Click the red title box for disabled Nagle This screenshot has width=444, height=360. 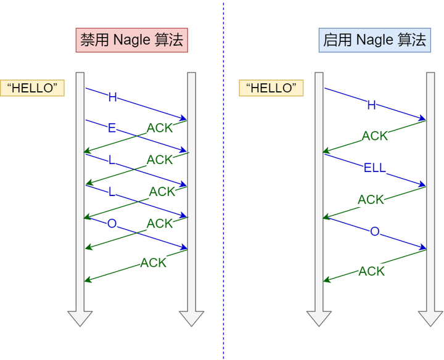[131, 41]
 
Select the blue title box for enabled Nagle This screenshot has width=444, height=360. [374, 41]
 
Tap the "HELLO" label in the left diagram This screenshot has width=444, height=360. [33, 88]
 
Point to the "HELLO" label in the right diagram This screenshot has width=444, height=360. [271, 88]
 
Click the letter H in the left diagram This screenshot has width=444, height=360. [112, 97]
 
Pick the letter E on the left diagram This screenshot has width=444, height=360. [112, 128]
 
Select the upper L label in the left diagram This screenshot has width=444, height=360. [112, 160]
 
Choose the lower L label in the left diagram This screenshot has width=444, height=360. [112, 192]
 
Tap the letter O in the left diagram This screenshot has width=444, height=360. [112, 224]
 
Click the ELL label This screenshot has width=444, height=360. [374, 168]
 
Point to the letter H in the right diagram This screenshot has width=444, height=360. [371, 105]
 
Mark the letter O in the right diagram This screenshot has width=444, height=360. [374, 231]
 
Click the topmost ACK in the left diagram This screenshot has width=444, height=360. [160, 128]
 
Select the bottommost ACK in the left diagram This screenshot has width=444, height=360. [154, 263]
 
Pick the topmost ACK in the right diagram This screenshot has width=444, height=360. [375, 136]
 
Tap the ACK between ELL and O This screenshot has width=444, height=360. [371, 200]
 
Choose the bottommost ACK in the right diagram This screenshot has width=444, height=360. [372, 271]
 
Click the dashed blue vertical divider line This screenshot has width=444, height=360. [223, 185]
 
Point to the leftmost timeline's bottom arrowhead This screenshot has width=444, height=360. [80, 319]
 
